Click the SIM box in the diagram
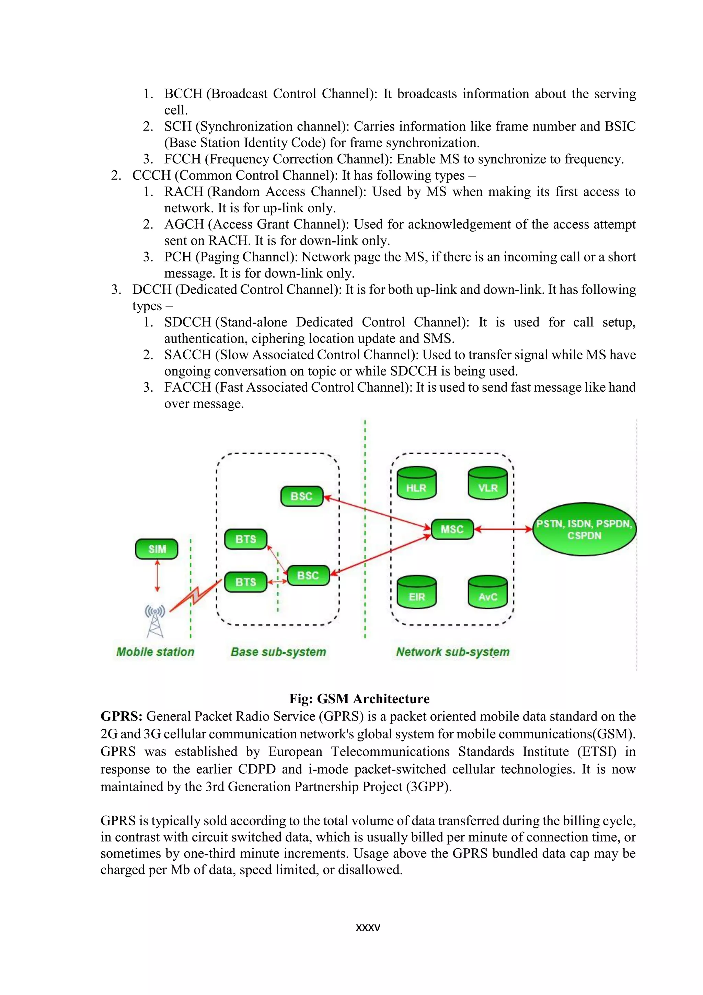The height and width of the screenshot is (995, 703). point(157,549)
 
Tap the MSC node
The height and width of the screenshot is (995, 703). point(452,529)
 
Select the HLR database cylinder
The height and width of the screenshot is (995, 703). point(416,484)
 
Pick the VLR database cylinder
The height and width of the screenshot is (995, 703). point(488,484)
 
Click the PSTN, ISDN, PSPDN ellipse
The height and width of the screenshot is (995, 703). point(584,529)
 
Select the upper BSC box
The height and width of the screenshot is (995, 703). point(302,496)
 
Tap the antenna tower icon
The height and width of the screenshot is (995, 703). point(155,622)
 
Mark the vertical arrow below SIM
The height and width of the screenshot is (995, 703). point(157,576)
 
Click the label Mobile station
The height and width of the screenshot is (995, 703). point(155,652)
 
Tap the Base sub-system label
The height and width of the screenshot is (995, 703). point(278,652)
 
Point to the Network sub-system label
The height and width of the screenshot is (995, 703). point(453,652)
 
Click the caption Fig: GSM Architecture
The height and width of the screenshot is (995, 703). point(359,698)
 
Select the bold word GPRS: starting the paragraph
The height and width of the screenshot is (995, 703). point(121,716)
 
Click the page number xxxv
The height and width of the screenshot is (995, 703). point(368,927)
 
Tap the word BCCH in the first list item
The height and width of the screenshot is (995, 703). point(183,93)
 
